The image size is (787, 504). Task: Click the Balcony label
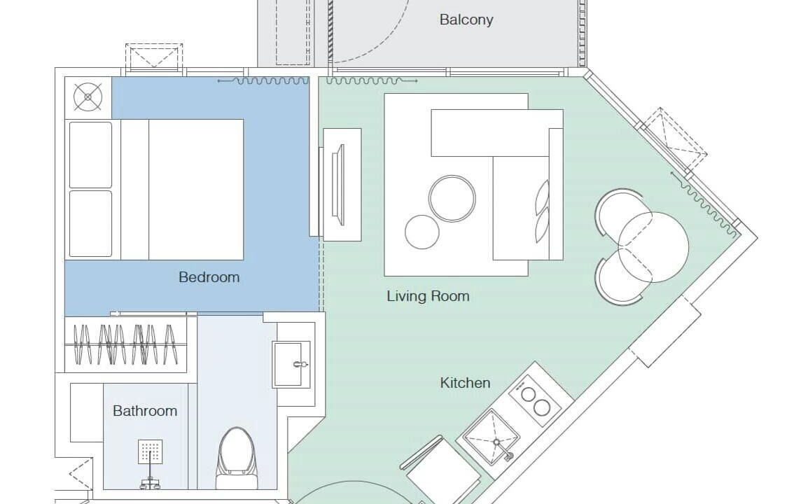point(466,20)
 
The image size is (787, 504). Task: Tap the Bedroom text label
point(209,277)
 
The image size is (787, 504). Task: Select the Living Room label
point(428,296)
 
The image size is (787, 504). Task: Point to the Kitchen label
point(466,383)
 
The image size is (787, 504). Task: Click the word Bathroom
point(145,411)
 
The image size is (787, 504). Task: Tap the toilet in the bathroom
point(237,458)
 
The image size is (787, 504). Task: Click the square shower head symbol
point(150,451)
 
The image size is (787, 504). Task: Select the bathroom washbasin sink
point(291,365)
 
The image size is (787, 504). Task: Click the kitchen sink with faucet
point(492,437)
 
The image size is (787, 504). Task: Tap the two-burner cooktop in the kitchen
point(535,400)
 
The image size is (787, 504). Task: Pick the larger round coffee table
point(452,198)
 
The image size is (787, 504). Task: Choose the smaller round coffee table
point(422,232)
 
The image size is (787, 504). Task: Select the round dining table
point(653,247)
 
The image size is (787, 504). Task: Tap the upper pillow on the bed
point(90,155)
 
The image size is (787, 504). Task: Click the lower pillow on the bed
point(90,224)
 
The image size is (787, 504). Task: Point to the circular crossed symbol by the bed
point(88,97)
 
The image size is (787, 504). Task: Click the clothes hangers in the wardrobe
point(125,344)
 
